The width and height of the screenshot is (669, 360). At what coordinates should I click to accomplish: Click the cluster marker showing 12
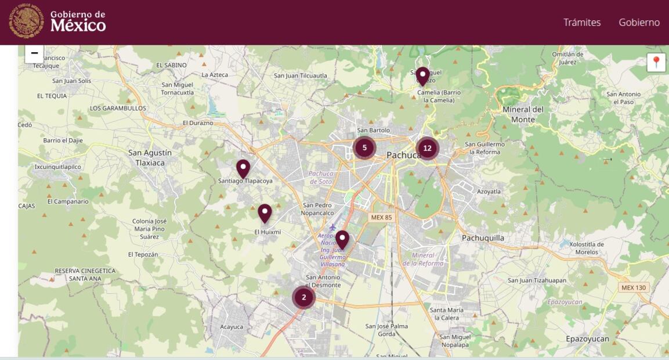427,148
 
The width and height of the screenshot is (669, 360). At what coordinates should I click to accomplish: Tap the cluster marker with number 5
364,147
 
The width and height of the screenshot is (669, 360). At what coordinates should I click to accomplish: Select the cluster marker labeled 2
303,297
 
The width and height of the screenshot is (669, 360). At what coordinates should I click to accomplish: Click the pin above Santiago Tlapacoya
243,168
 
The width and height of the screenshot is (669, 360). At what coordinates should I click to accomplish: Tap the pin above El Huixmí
265,213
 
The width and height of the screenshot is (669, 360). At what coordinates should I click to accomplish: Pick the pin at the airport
342,239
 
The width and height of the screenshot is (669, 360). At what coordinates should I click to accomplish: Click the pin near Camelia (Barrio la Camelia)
422,76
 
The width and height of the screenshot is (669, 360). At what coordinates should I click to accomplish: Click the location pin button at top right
656,62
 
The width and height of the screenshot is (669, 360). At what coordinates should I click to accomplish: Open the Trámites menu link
582,22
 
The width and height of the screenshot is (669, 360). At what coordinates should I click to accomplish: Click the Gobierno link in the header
639,22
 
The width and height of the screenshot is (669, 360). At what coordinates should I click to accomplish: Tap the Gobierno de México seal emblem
26,21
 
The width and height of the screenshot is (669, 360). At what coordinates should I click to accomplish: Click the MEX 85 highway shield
381,217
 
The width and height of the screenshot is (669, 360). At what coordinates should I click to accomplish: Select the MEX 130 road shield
633,287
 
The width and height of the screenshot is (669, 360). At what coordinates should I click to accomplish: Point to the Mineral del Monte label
523,114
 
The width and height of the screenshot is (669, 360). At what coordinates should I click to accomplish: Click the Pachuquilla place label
483,237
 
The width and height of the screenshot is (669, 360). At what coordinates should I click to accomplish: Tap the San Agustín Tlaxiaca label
150,157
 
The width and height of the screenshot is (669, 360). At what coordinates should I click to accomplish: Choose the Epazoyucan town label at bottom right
587,339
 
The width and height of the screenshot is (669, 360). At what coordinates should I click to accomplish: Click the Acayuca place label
232,327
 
